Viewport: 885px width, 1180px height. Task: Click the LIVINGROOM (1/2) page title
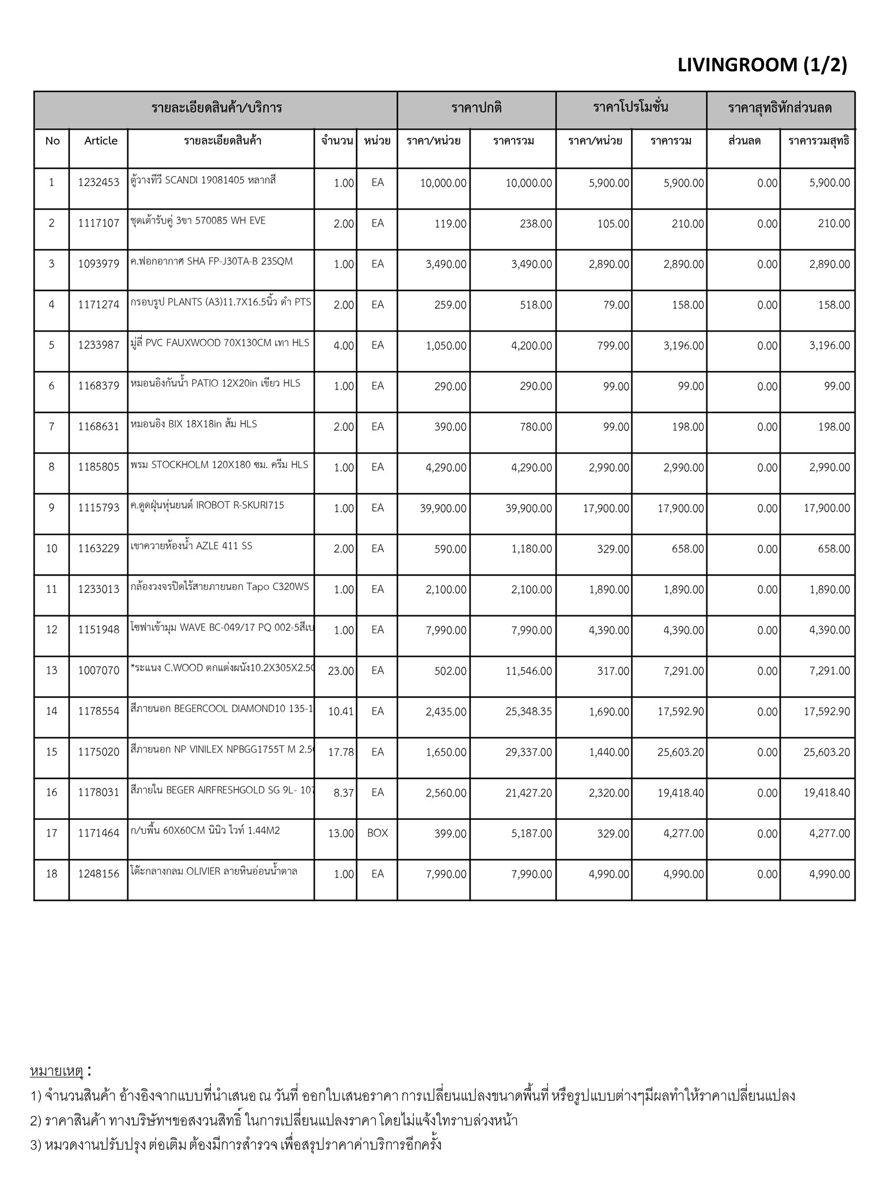coord(762,65)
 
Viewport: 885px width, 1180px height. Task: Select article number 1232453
coord(99,183)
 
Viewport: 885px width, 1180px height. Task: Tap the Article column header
coord(100,141)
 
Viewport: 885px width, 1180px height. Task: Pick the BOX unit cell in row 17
coord(377,833)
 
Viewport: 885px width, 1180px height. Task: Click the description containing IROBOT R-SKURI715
coord(207,505)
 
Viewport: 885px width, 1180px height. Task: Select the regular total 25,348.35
coord(528,712)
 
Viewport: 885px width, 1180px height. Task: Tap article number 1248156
coord(99,874)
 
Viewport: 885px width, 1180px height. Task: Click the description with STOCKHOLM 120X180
coord(220,464)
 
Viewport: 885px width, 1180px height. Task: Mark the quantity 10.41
coord(341,712)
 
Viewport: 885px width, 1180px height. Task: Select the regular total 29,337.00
coord(528,752)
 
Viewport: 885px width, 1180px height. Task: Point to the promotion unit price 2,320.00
coord(608,793)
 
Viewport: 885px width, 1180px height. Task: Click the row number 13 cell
coord(52,671)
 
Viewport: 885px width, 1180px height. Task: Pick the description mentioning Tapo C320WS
coord(220,587)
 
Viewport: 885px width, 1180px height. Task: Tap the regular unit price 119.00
coord(450,224)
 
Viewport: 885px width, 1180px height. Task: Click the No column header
coord(52,141)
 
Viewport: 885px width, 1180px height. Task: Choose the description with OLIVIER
coord(214,871)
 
